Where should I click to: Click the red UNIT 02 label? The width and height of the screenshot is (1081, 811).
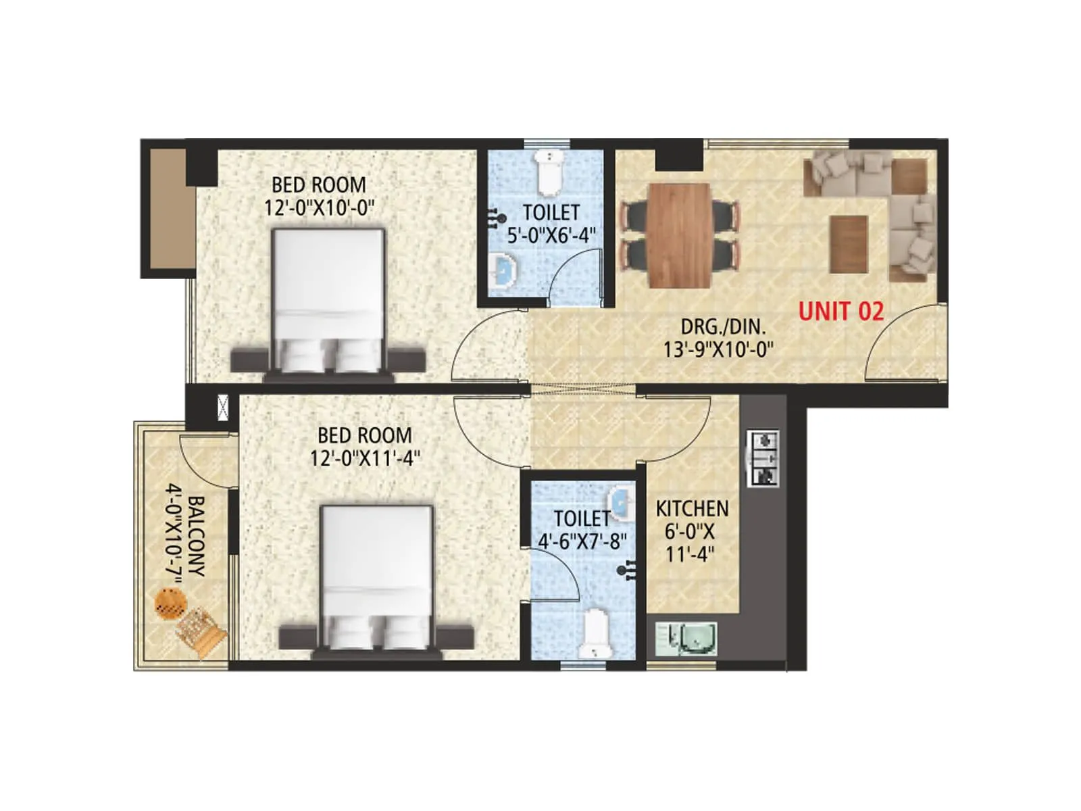840,311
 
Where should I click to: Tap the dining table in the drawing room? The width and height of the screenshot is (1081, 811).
679,235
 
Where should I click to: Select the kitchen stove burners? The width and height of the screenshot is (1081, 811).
763,458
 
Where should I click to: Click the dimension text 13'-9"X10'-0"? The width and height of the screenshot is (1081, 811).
718,349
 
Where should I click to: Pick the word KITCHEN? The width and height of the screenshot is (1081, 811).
692,508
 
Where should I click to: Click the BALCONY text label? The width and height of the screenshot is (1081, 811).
196,537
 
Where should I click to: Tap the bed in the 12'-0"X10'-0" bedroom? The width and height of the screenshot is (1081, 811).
328,301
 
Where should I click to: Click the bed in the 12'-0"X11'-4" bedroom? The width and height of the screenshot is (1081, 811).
376,578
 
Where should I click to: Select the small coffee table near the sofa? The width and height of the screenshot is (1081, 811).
849,243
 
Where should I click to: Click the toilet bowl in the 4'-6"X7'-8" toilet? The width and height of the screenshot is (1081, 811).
596,634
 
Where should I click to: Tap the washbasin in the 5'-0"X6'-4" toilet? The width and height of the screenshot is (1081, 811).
504,270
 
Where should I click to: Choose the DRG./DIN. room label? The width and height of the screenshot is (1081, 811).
723,326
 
